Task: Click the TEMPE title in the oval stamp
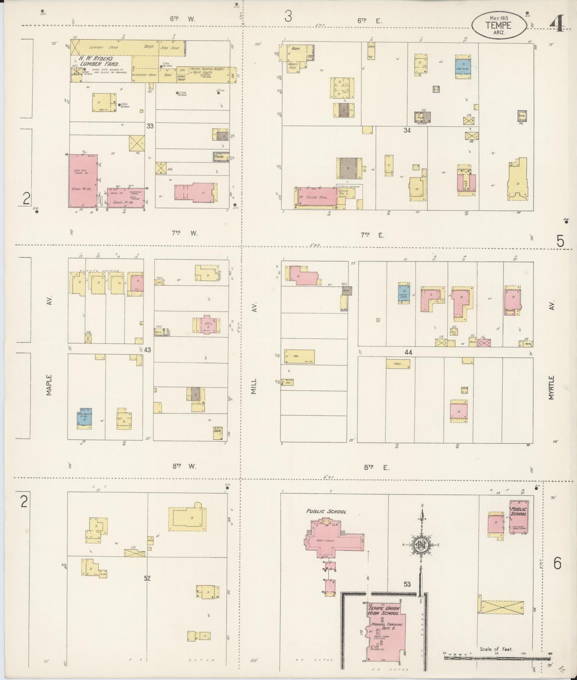[498, 25]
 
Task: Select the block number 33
[150, 126]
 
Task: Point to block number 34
[407, 130]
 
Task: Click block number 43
[148, 350]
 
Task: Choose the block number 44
[408, 352]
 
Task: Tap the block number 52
[147, 578]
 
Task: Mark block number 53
[407, 584]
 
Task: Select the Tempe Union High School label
[383, 611]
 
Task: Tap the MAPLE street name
[49, 385]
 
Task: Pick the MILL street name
[254, 386]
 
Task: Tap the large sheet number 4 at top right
[557, 25]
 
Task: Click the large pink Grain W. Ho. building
[83, 181]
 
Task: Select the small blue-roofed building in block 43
[85, 417]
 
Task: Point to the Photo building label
[219, 157]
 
